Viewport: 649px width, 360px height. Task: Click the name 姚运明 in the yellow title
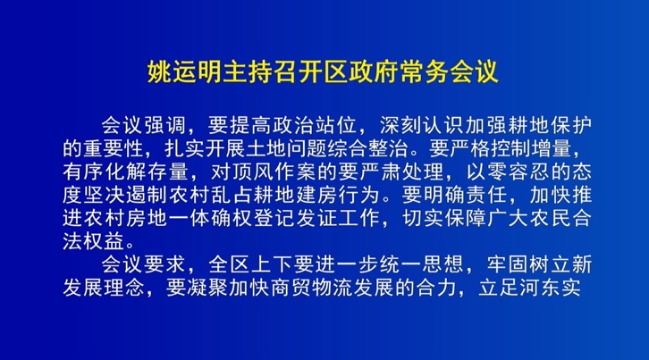pos(185,72)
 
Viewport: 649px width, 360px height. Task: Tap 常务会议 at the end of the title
pos(449,72)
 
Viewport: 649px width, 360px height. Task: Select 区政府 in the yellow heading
pos(361,72)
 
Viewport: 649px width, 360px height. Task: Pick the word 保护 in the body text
pos(570,125)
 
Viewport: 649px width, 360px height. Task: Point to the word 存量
pos(168,172)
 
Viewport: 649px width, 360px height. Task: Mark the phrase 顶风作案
pos(274,172)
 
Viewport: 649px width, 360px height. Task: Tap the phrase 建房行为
pos(337,195)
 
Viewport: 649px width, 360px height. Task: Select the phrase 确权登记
pos(252,218)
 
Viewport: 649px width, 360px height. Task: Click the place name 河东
pos(540,288)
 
